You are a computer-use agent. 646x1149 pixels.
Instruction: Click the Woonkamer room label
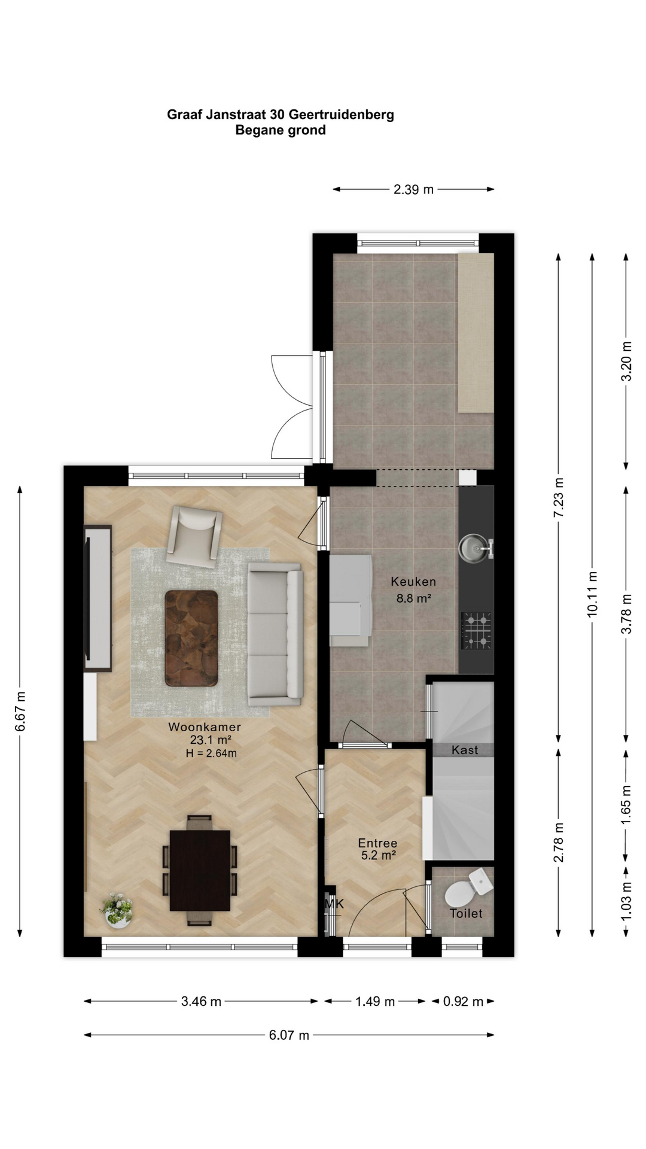(205, 727)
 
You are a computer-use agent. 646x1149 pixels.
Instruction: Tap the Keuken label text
(413, 581)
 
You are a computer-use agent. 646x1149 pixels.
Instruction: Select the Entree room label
(378, 843)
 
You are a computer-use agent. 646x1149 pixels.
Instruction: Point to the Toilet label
(466, 913)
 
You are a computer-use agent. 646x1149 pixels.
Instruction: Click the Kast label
(465, 750)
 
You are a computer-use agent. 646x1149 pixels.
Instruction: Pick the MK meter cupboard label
(334, 904)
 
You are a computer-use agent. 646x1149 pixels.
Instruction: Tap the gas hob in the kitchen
(476, 630)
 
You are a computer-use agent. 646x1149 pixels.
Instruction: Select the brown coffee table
(191, 638)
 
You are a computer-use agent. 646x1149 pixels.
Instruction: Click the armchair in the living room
(194, 537)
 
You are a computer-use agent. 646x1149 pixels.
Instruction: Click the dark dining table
(200, 870)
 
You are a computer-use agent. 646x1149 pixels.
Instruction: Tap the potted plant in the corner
(118, 910)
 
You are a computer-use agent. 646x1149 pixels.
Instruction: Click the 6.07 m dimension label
(289, 1035)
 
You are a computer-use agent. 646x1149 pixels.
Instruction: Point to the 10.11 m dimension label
(592, 594)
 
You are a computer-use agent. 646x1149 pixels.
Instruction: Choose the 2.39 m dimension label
(413, 190)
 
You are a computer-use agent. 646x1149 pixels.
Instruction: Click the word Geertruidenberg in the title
(342, 115)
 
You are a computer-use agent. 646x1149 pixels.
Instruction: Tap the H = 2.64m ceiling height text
(211, 753)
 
